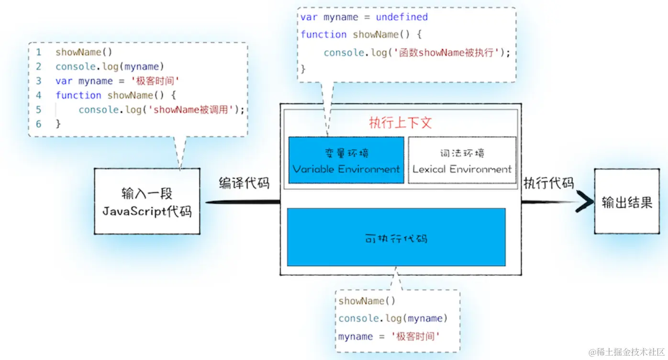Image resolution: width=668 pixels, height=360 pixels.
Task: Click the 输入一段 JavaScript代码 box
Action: (x=147, y=201)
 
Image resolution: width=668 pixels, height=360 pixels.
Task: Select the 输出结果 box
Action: (x=627, y=202)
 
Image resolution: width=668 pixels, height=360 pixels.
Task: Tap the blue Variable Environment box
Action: (x=346, y=160)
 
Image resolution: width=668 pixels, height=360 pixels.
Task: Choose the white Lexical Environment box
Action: (x=462, y=160)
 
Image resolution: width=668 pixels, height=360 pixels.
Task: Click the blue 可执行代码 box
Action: (x=396, y=237)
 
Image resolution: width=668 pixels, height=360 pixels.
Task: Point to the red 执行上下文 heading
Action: (x=400, y=123)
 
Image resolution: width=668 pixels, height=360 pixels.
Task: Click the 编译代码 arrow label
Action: (x=244, y=183)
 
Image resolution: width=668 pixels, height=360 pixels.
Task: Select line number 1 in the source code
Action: (x=38, y=52)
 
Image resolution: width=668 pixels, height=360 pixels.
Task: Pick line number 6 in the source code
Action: (x=38, y=124)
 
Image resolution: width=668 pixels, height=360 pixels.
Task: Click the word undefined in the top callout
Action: (x=401, y=17)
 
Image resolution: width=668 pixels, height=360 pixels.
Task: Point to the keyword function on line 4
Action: (x=78, y=95)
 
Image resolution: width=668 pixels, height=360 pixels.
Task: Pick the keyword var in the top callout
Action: (x=309, y=17)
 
